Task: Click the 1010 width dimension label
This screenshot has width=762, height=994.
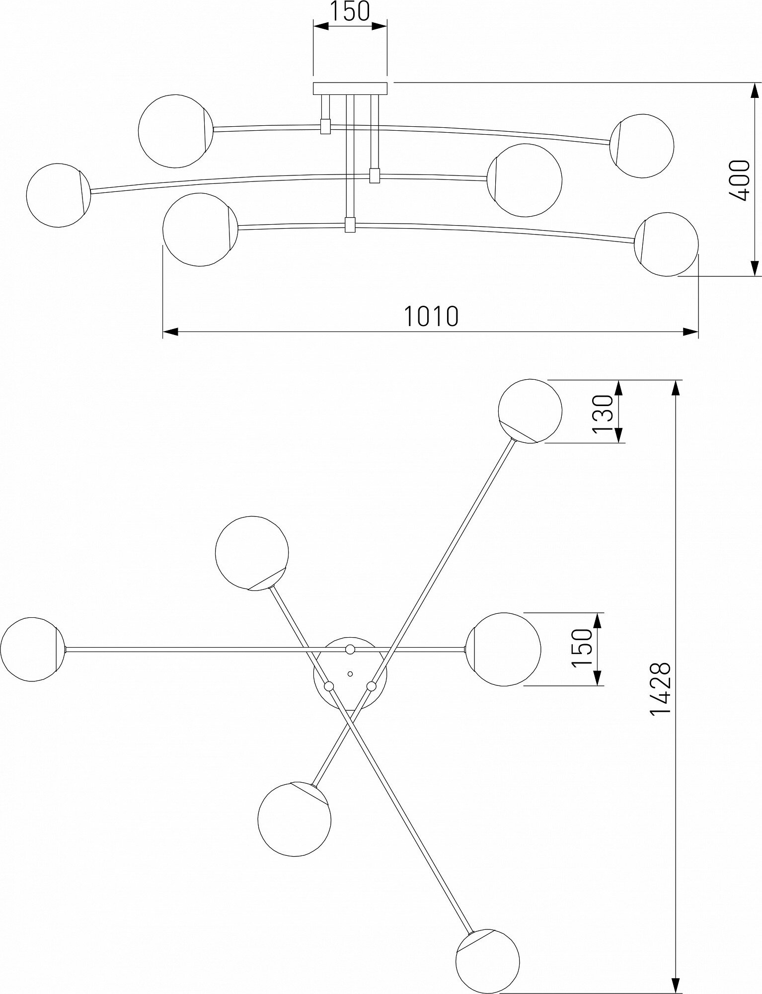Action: [431, 316]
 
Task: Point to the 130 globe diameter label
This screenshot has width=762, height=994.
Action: [603, 412]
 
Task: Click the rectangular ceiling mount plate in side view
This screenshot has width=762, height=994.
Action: [350, 88]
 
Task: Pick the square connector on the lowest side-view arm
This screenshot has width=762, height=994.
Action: [351, 225]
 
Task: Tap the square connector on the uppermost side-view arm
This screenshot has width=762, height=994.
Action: [326, 126]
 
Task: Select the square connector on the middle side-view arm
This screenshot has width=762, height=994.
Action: [375, 175]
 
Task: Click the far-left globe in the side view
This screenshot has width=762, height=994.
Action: [59, 195]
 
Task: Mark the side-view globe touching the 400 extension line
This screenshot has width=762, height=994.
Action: [666, 244]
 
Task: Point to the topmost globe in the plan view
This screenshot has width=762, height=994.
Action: [530, 411]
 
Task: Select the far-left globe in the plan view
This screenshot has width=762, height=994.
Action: [33, 649]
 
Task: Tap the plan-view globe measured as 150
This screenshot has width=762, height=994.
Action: [504, 649]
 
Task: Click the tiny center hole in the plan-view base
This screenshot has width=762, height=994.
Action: [350, 674]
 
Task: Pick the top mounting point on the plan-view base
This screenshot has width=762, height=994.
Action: [350, 649]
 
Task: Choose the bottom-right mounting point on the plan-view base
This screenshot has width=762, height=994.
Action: [371, 686]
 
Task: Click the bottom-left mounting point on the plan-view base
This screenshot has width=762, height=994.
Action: [328, 686]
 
